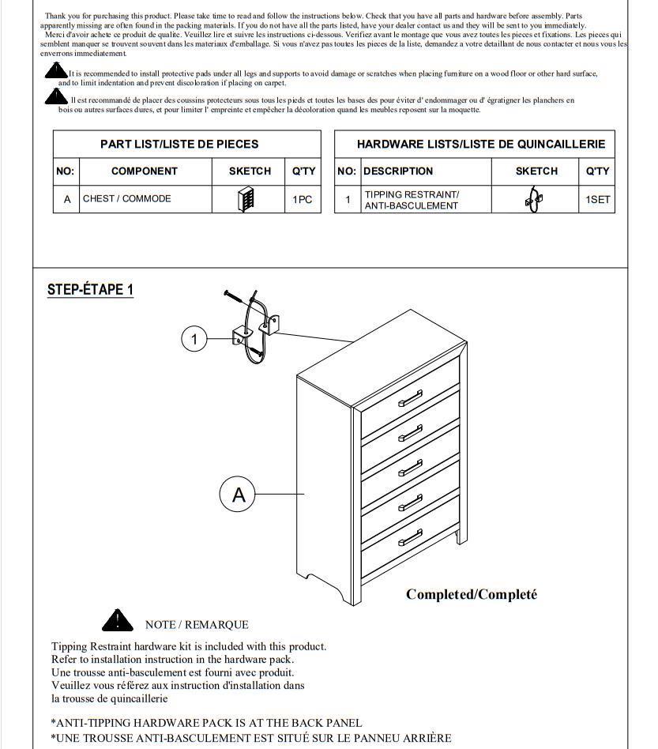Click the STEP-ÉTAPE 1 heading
(x=90, y=289)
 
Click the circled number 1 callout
(x=194, y=340)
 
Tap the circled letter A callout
(x=239, y=495)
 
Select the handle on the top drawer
(x=410, y=399)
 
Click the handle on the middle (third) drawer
(x=410, y=469)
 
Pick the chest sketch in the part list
(x=246, y=199)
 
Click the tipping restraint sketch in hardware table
(x=535, y=200)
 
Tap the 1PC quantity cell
(x=303, y=200)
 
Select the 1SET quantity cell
(x=598, y=200)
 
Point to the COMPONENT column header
(x=145, y=171)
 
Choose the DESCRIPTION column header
(x=398, y=171)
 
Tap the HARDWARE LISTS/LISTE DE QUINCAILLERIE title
(x=481, y=145)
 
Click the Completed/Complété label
(x=472, y=595)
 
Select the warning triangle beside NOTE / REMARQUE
(x=118, y=620)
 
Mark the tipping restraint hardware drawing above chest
(x=255, y=328)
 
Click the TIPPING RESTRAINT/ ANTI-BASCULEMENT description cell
(x=411, y=200)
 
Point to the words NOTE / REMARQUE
(x=197, y=625)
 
